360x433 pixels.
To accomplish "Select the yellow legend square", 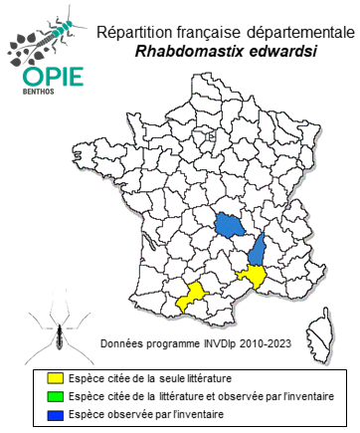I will coord(56,379).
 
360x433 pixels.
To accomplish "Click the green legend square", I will coord(56,396).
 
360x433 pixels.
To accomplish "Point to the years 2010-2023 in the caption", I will coord(265,343).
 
